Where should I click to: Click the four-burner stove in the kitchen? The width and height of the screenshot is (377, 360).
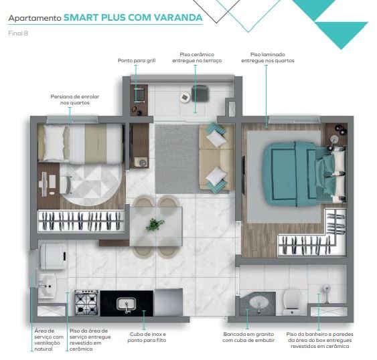(86, 303)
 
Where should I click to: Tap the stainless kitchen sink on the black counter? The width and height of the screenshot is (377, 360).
(127, 304)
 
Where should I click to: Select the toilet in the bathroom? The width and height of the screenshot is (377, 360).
(292, 302)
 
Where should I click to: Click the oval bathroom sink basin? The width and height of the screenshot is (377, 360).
(258, 302)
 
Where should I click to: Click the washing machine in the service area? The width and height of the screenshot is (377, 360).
(54, 256)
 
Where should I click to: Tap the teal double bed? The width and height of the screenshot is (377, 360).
(304, 174)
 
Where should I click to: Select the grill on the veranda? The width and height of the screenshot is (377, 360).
(139, 95)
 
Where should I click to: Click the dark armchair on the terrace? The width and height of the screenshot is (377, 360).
(200, 93)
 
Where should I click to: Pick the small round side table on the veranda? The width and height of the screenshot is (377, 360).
(185, 97)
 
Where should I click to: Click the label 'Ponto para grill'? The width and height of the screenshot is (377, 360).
(137, 61)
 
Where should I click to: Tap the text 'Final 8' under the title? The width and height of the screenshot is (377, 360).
(18, 33)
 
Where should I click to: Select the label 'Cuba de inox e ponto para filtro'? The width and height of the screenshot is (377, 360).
(147, 337)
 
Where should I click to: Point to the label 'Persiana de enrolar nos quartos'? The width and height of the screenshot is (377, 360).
(75, 100)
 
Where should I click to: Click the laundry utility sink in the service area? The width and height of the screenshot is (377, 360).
(47, 286)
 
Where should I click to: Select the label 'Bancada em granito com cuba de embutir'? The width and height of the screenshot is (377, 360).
(248, 337)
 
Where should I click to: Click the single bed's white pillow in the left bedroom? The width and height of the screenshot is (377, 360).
(55, 143)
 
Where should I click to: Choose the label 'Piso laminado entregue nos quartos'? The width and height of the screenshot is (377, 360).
(268, 58)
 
